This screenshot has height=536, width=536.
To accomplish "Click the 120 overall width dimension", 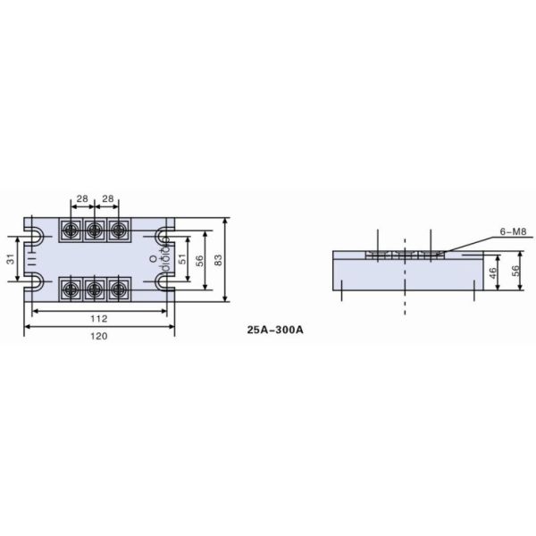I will [99, 336].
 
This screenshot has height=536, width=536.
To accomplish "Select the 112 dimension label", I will [99, 318].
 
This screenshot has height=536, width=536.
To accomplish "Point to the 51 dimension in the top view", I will [183, 259].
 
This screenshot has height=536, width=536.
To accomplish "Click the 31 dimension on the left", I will [11, 259].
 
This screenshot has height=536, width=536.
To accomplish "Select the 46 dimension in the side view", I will [491, 272].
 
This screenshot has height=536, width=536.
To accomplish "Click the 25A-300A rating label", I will [276, 329].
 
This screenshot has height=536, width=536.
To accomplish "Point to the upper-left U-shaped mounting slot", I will [34, 236].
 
